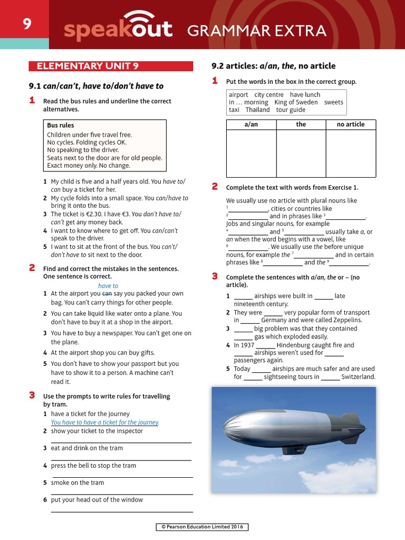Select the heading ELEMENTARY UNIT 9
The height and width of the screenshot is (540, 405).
(88, 66)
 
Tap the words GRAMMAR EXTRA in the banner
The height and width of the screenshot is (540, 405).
(257, 31)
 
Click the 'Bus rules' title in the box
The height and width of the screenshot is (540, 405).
(61, 126)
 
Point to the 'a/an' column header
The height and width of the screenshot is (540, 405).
(251, 124)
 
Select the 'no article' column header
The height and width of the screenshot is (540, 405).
(351, 124)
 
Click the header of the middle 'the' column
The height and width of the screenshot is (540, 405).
(301, 124)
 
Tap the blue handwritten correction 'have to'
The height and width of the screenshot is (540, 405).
(108, 286)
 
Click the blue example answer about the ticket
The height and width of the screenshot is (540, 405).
(105, 422)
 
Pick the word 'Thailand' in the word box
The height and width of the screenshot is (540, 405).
(257, 110)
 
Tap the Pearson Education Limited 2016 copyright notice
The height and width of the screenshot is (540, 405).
(202, 527)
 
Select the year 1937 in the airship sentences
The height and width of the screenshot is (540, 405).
(247, 345)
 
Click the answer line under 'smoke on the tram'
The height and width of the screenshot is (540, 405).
(122, 494)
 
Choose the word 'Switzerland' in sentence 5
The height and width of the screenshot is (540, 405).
(358, 377)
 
